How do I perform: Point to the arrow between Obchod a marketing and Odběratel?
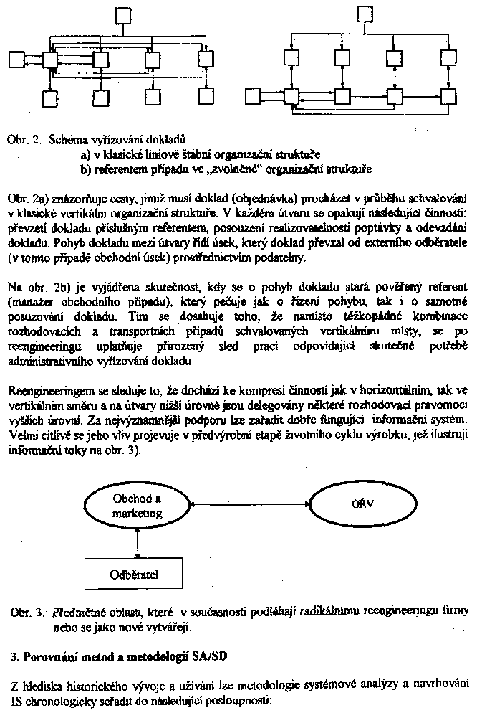[x=136, y=543]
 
